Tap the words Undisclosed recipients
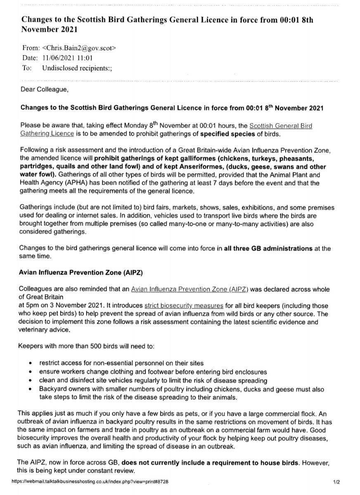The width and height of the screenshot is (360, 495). (77, 68)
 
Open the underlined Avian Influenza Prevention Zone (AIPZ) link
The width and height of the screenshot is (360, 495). (189, 290)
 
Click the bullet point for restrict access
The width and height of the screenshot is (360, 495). (33, 364)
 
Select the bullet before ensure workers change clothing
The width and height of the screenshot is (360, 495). (33, 372)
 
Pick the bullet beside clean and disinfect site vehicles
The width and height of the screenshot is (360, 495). (33, 381)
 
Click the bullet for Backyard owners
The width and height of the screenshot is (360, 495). (33, 389)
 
